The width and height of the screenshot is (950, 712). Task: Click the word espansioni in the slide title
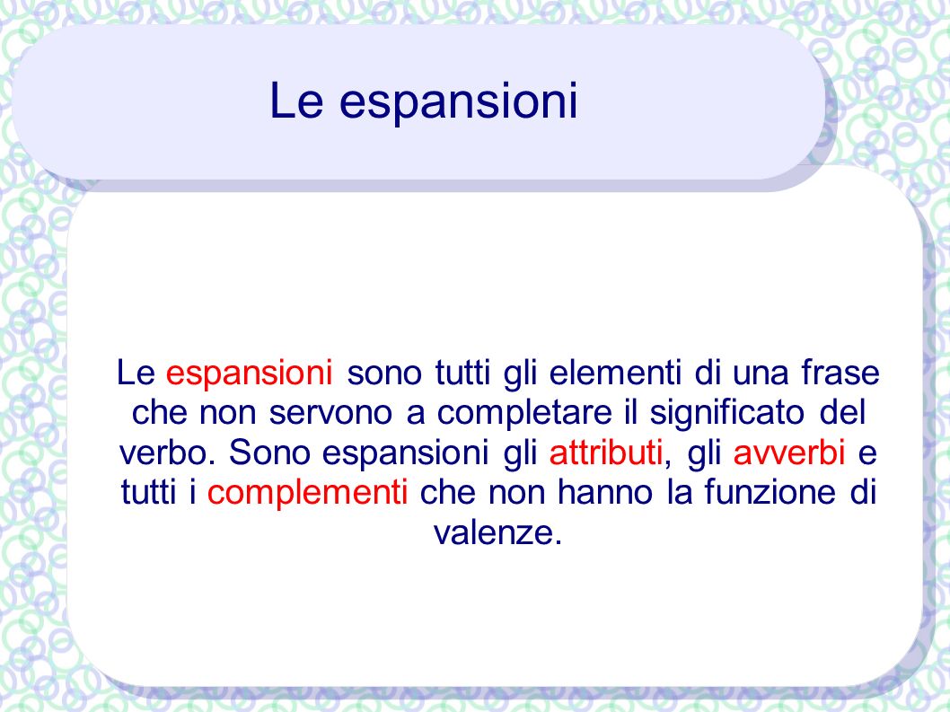point(458,101)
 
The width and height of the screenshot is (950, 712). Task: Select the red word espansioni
point(249,373)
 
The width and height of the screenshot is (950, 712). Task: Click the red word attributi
point(606,452)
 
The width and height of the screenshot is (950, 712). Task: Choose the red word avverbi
point(789,452)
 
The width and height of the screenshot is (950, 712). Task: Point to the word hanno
point(604,492)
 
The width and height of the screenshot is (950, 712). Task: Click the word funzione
point(770,492)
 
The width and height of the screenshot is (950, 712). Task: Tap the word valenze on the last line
point(498,532)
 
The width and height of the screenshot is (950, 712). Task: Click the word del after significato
point(842,413)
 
